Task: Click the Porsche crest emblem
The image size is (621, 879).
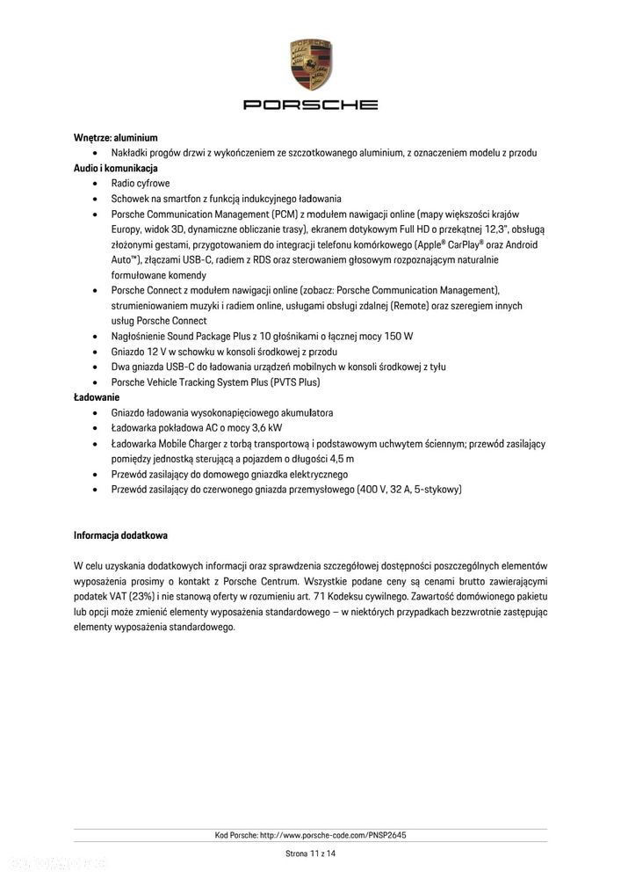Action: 310,64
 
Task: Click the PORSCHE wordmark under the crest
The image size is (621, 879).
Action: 310,105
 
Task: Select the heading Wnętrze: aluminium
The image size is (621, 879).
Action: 115,138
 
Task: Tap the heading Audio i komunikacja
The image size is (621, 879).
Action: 115,168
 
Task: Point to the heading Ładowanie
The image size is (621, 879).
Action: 97,397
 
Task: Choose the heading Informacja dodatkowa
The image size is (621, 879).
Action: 120,534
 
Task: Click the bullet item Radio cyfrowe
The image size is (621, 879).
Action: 140,184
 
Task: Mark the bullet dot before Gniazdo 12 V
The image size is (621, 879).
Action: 95,352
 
